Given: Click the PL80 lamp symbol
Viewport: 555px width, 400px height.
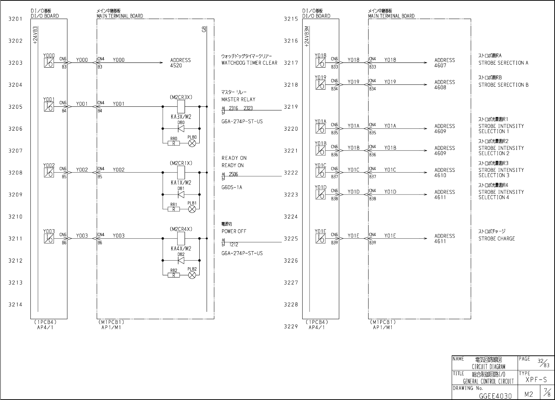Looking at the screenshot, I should coord(192,143).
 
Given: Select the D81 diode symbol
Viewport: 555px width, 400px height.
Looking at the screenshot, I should coord(181,195).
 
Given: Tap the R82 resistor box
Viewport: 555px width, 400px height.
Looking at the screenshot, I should coord(174,275).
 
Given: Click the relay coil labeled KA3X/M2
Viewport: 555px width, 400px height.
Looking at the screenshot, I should coord(181,107).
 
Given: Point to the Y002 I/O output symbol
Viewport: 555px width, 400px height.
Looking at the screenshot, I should coord(49,173).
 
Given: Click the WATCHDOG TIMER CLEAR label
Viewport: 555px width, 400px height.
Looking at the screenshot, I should coord(249,63).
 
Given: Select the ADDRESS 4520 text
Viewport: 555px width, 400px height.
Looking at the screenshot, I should coord(180,63).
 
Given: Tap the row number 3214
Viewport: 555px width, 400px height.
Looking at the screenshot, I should coord(15,305).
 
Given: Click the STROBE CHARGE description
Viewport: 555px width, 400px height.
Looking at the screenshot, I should coord(496,239).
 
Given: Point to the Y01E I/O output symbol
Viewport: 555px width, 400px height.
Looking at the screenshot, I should coord(320,238).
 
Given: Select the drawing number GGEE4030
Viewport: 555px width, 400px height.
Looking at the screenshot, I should coord(495,395).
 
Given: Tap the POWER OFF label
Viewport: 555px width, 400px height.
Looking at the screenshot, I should coord(234,231).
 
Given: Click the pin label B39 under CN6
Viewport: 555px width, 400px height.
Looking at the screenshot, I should coord(334,242).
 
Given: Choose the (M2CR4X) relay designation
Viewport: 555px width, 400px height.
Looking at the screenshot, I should coord(181,229).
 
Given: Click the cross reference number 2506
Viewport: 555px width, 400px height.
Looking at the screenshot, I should coord(233,174).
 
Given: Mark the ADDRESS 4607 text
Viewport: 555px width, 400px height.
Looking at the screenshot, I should coord(444,63).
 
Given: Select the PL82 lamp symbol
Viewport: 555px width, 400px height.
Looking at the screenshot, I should coord(192,275).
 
